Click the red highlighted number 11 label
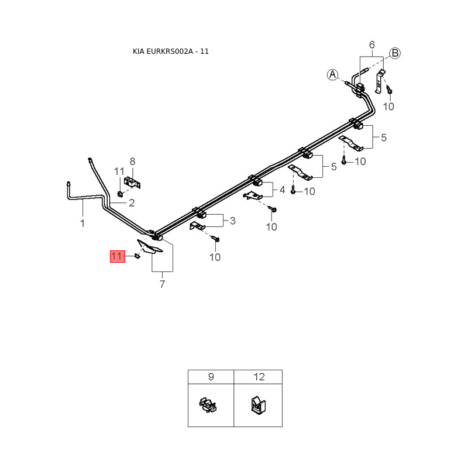(118, 256)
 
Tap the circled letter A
(332, 75)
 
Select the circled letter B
(394, 53)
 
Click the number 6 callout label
(372, 45)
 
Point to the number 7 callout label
(163, 284)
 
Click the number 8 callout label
(133, 161)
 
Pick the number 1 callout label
(82, 223)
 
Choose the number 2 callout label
(132, 202)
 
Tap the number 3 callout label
(233, 221)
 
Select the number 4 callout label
(283, 190)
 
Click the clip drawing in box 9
(208, 405)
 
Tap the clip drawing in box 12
(257, 405)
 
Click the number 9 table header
(211, 377)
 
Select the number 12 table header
(259, 377)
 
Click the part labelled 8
(132, 182)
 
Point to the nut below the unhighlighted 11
(121, 194)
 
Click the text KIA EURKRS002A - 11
(171, 51)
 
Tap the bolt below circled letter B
(389, 89)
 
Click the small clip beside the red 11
(137, 256)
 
